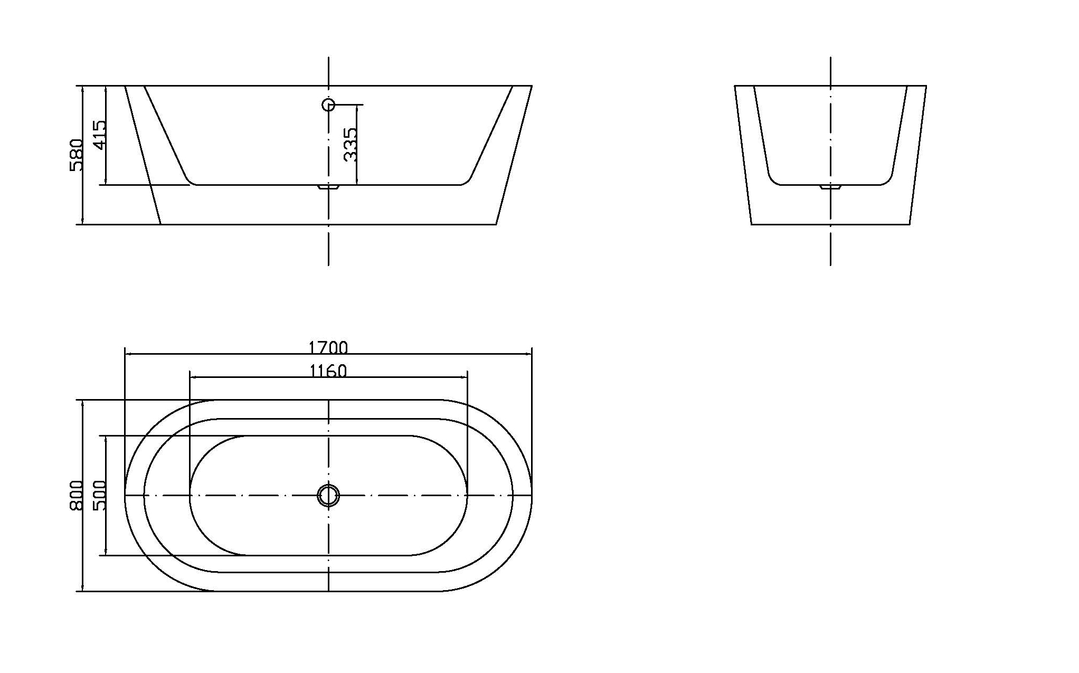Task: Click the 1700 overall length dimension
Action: click(x=328, y=347)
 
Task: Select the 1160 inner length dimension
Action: click(x=328, y=371)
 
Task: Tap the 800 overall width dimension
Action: click(x=76, y=495)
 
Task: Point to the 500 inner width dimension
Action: click(x=99, y=495)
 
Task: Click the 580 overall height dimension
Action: click(x=76, y=155)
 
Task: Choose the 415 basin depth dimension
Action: click(x=99, y=135)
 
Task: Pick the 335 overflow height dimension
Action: click(x=350, y=144)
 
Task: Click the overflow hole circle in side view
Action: click(x=328, y=105)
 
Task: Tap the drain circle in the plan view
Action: click(x=328, y=495)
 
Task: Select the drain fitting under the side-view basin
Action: click(x=328, y=187)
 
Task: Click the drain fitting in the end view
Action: click(x=830, y=187)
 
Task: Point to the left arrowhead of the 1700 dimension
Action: click(x=127, y=354)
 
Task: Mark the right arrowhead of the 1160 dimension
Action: click(x=466, y=377)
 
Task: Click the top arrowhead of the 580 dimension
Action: click(x=83, y=88)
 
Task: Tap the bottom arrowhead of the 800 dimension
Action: click(x=83, y=589)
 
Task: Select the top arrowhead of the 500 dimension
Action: click(x=106, y=438)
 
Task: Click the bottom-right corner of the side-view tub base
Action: click(x=496, y=224)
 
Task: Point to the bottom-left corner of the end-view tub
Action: click(x=752, y=224)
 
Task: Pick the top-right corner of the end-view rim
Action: click(x=926, y=86)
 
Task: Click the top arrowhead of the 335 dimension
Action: click(x=357, y=107)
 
